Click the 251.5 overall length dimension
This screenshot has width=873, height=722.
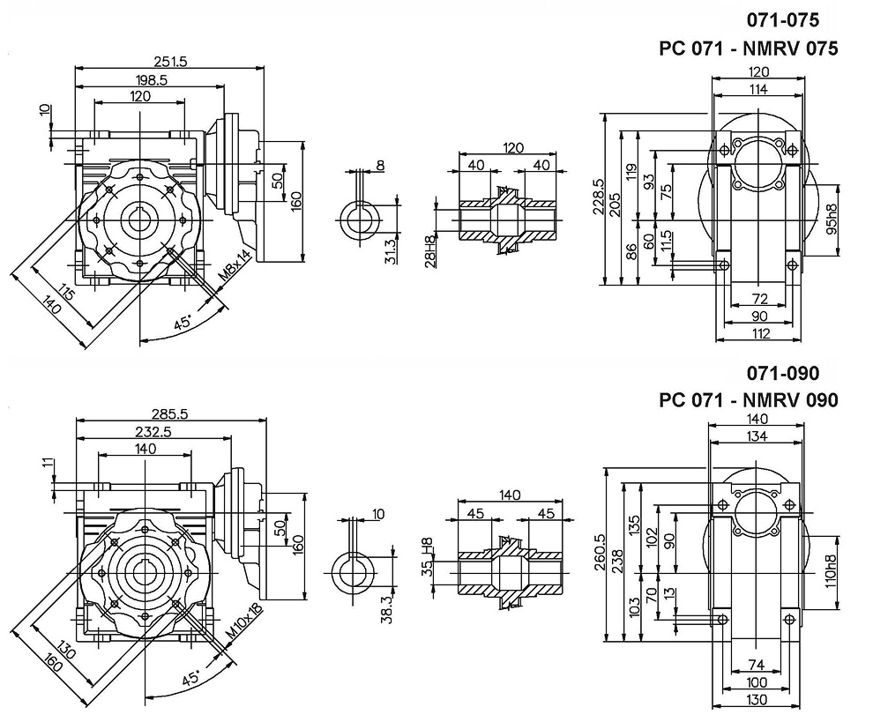174,61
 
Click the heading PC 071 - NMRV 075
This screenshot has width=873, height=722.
749,49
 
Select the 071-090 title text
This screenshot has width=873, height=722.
784,373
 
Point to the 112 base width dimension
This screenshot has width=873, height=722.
762,333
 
